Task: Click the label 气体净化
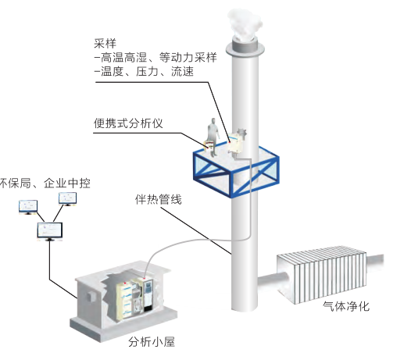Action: pyautogui.click(x=346, y=306)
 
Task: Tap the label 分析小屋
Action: pyautogui.click(x=152, y=341)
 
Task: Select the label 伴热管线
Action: pyautogui.click(x=159, y=199)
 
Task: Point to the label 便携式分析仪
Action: pyautogui.click(x=128, y=123)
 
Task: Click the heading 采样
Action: pyautogui.click(x=105, y=44)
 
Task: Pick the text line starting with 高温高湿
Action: pyautogui.click(x=156, y=58)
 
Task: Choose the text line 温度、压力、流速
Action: pyautogui.click(x=145, y=71)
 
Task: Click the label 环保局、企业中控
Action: pyautogui.click(x=45, y=184)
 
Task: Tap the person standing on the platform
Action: pyautogui.click(x=213, y=137)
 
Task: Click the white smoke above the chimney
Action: pyautogui.click(x=245, y=25)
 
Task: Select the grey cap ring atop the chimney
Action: pyautogui.click(x=245, y=49)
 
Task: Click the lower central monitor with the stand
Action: pyautogui.click(x=50, y=231)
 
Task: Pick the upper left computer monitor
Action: pyautogui.click(x=28, y=207)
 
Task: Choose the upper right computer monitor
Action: pyautogui.click(x=67, y=199)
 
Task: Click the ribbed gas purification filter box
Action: pyautogui.click(x=322, y=275)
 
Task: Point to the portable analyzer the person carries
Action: pyautogui.click(x=209, y=144)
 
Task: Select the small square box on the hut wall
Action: pyautogui.click(x=91, y=296)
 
